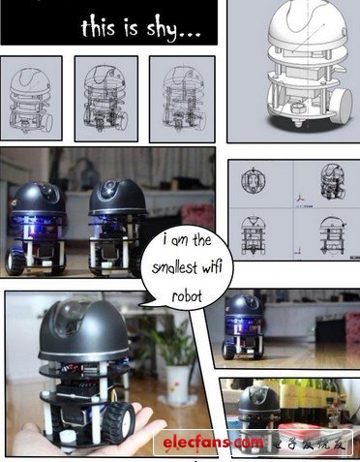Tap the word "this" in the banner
coord(98,27)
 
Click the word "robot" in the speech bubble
coord(187,295)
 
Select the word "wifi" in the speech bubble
coord(212,267)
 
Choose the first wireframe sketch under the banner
coord(31,99)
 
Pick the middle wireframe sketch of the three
coord(106,99)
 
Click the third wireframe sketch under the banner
coord(182,100)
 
